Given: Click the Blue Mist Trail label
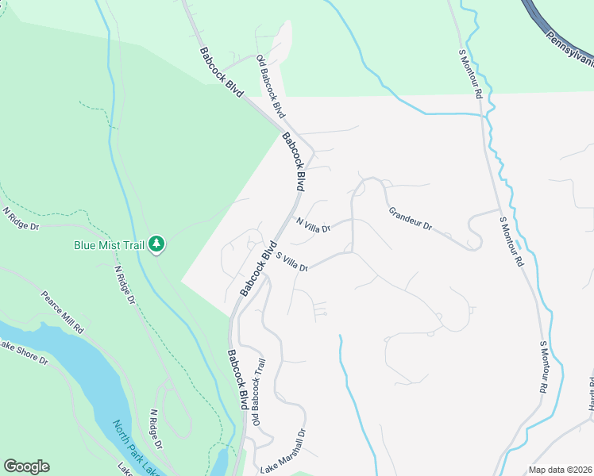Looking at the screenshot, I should pos(109,245).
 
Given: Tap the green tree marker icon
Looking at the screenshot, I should pos(157,245).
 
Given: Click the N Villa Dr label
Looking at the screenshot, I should pos(312,225).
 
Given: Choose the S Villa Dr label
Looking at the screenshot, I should pos(291,263).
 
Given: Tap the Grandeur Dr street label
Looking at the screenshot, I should pos(410,220).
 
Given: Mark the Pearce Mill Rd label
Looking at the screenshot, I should pos(63,312).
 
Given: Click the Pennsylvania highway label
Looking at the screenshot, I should pos(570,51).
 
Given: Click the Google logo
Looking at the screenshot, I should pos(26,466).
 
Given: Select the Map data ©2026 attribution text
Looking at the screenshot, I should pos(560,470).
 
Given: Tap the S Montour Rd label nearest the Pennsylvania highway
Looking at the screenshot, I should pos(471,73).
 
